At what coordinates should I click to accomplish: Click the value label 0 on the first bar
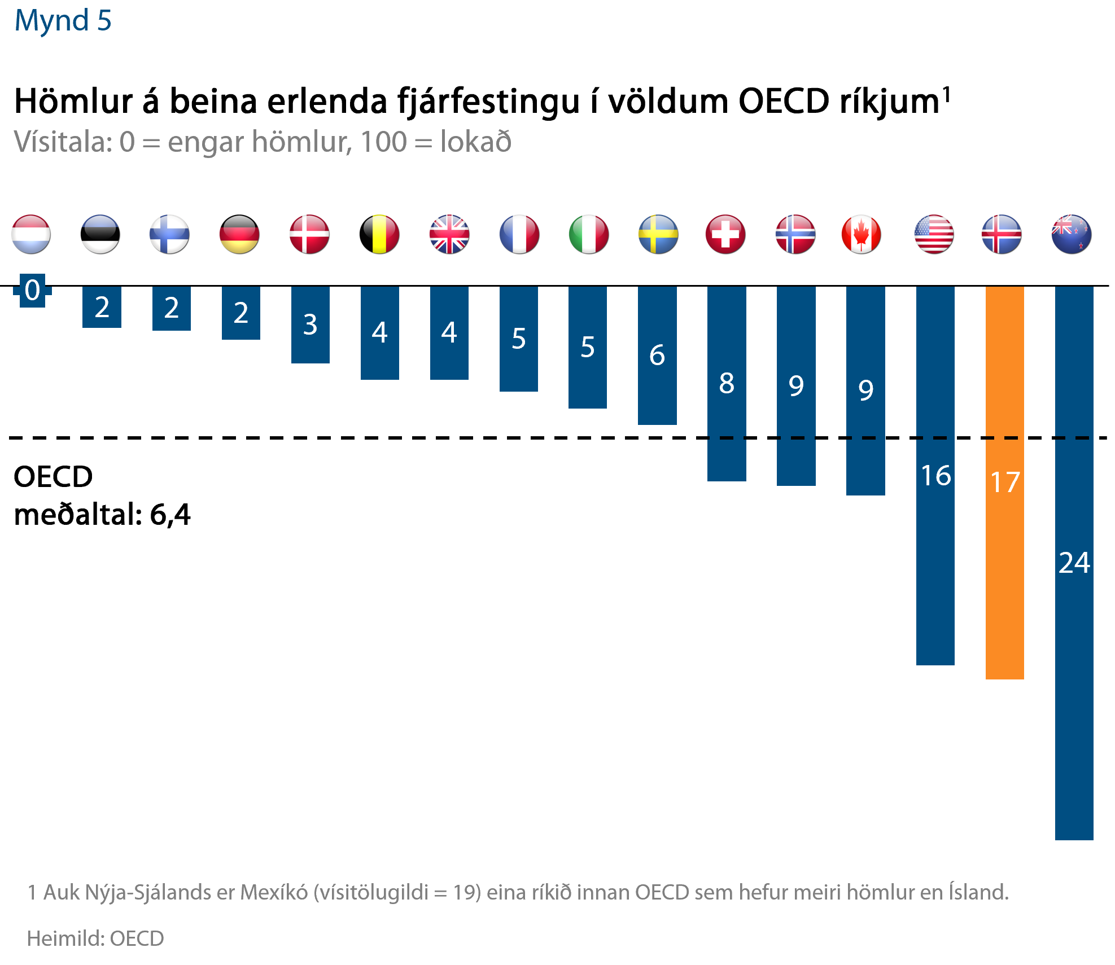[33, 290]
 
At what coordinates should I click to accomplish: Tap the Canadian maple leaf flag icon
[861, 234]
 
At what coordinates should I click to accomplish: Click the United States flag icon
[934, 234]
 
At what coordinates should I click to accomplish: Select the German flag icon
[239, 234]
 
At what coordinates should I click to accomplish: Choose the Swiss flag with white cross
[725, 234]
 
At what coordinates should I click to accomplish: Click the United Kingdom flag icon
[449, 234]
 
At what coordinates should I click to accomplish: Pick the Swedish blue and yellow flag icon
[658, 234]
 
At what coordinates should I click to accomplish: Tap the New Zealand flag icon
[1072, 234]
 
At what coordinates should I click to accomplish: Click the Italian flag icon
[589, 234]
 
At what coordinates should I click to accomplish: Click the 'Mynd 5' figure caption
[63, 21]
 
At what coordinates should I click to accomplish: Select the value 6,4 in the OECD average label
[170, 515]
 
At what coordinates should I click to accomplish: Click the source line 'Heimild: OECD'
[95, 938]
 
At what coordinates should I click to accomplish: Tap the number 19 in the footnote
[465, 893]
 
